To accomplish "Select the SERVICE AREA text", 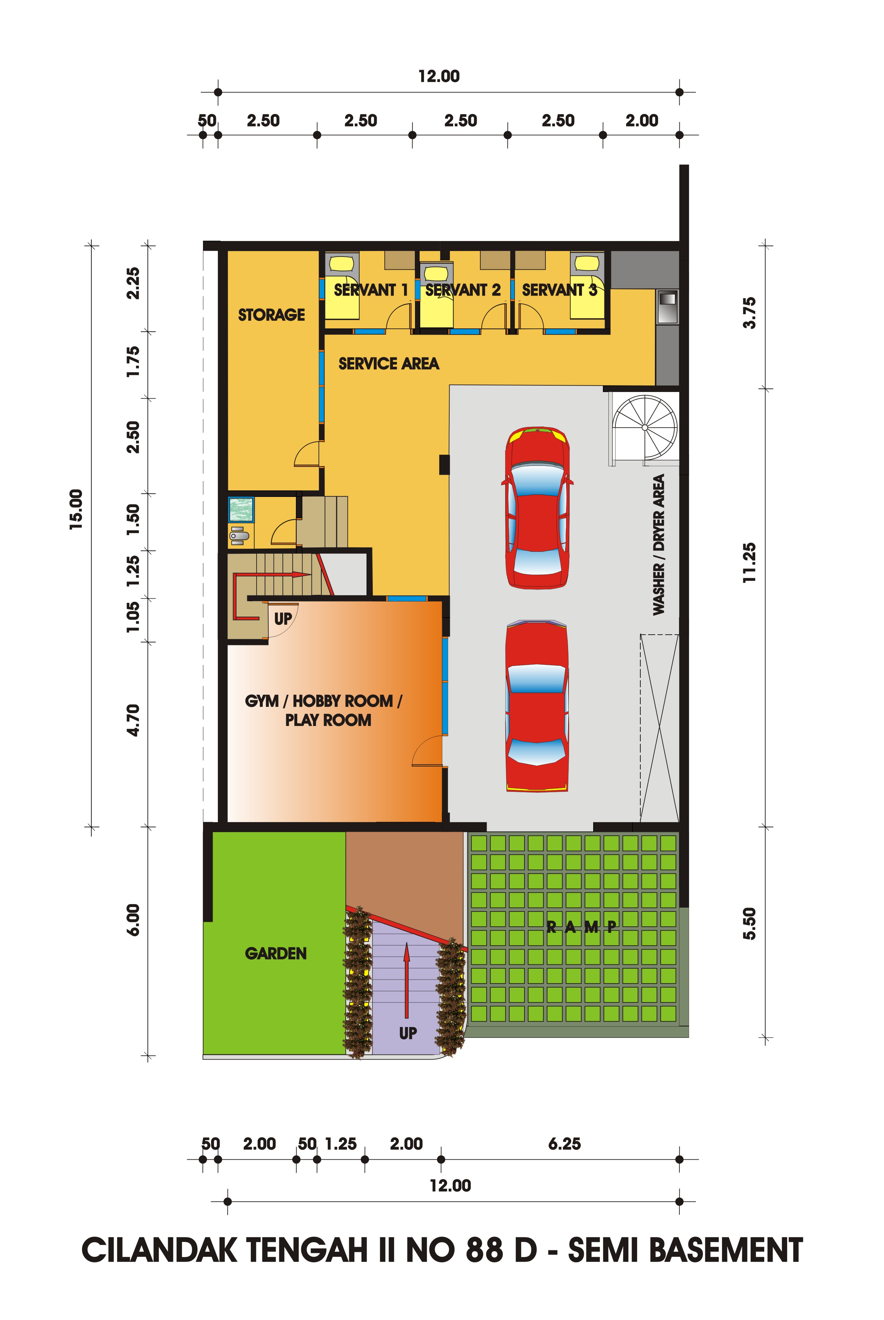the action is click(389, 364).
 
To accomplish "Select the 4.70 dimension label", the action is click(133, 720).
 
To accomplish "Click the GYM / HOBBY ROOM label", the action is click(324, 701).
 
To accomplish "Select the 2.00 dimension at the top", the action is click(642, 121).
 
